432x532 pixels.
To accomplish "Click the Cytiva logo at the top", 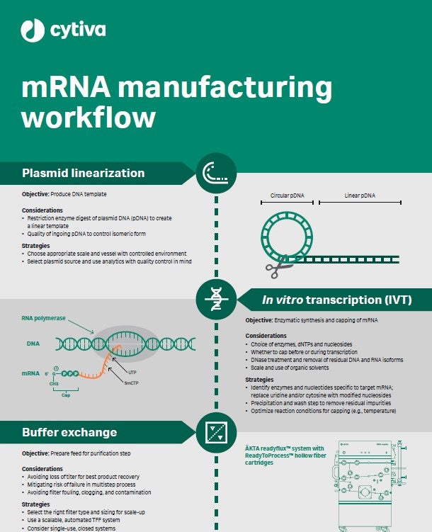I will point(64,30).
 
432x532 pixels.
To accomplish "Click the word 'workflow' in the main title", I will point(89,116).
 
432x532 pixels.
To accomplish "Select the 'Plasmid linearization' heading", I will point(83,173).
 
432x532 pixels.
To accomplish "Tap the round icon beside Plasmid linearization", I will point(216,173).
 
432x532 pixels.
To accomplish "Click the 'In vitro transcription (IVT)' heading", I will point(336,300).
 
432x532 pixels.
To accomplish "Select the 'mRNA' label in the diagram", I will point(30,373).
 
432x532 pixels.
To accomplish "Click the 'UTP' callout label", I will point(132,372).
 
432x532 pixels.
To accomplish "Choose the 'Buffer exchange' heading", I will point(69,431).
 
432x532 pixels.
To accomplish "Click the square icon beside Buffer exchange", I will point(216,431).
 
